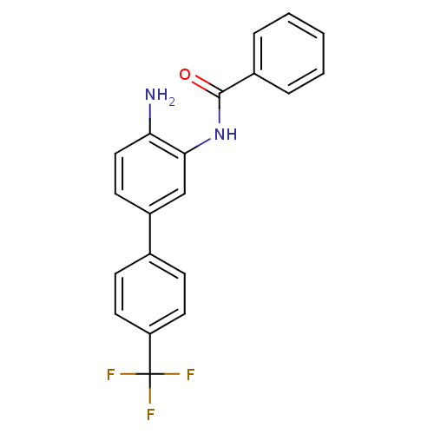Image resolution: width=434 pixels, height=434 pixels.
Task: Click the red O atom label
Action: pos(185,75)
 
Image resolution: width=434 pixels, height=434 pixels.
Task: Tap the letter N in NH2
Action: pos(150,95)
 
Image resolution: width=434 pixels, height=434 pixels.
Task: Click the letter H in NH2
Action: pos(162,95)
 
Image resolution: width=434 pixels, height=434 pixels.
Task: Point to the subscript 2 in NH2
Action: pos(172,102)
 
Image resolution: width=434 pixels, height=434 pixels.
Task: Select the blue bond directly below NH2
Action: pos(150,112)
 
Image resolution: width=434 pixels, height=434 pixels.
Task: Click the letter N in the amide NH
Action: pos(219,135)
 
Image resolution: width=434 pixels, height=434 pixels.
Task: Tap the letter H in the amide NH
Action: pos(231,135)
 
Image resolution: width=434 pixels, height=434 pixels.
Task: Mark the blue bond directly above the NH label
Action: pos(219,115)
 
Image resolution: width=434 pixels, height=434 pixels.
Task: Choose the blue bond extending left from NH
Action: pos(204,142)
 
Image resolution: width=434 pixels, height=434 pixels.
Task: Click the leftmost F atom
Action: pos(110,375)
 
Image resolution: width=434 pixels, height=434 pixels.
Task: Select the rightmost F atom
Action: pos(190,375)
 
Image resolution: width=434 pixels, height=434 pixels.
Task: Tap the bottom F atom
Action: pos(150,415)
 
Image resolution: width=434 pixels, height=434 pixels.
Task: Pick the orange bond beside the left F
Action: pos(128,374)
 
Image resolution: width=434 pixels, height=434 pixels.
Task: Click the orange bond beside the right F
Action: pos(172,374)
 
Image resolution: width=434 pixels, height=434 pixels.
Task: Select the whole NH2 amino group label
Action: pos(160,96)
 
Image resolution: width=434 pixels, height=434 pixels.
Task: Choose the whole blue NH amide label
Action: pos(225,135)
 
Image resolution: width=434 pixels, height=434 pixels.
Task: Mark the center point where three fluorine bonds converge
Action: pos(150,374)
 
